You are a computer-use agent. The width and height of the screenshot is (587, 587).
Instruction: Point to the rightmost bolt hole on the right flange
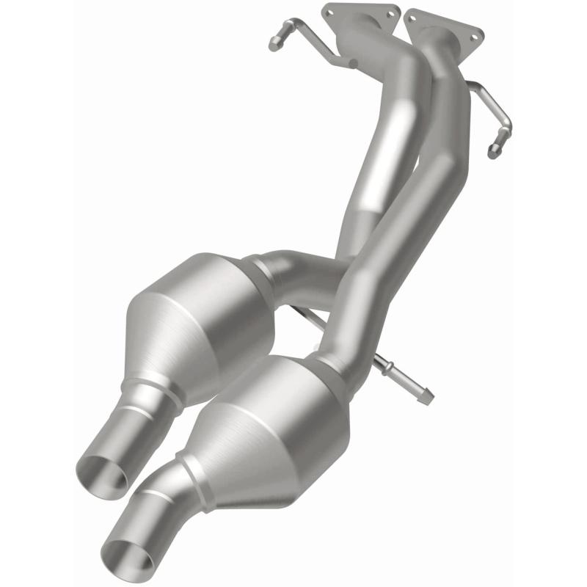tap(478, 33)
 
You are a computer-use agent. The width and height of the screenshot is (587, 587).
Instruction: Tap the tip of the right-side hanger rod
tap(494, 153)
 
